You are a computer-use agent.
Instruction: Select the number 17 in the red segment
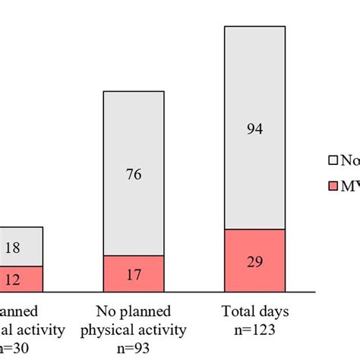coord(134,274)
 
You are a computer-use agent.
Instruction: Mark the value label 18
coord(12,248)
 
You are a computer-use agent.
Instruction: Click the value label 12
coord(12,279)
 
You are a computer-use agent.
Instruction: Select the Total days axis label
coord(254,311)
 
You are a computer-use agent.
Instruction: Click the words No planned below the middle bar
coord(134,311)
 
